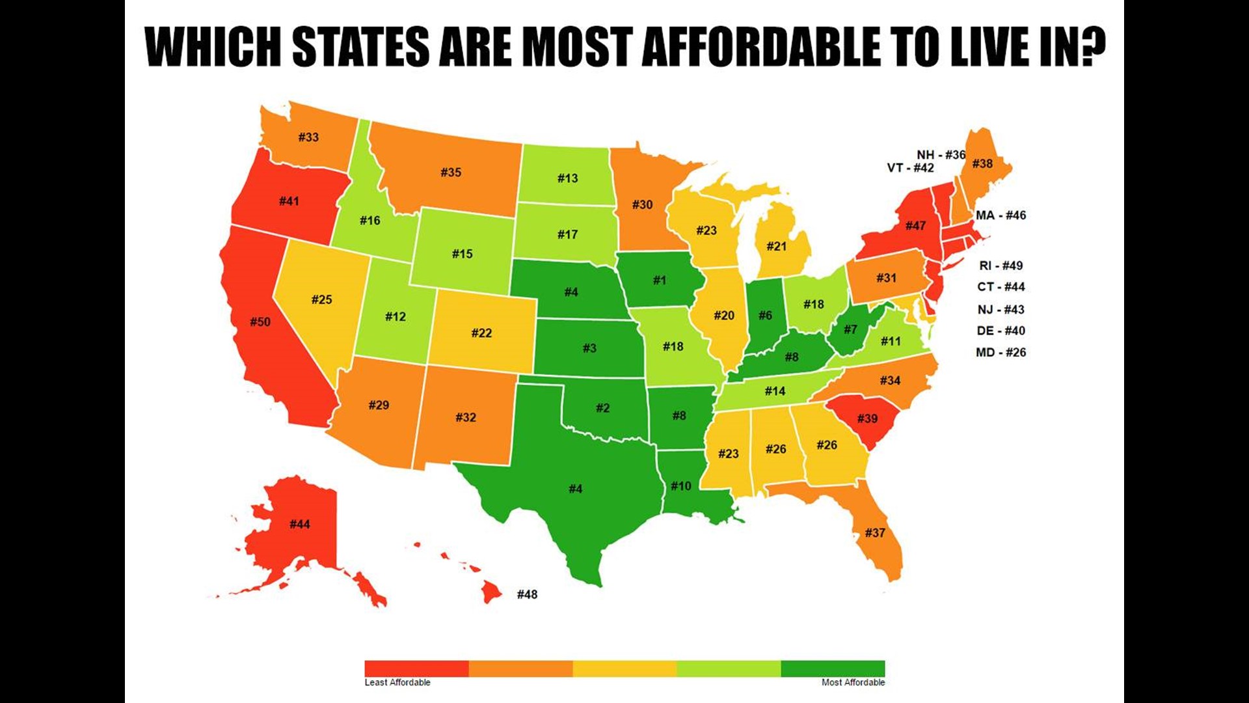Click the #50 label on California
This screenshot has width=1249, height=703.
click(x=260, y=322)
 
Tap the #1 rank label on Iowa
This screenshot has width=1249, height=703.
click(x=660, y=280)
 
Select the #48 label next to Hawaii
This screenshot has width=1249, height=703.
click(x=527, y=594)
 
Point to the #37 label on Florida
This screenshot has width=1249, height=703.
click(x=875, y=532)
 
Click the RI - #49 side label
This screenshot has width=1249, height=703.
click(x=1001, y=266)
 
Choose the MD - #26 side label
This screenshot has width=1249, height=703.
click(x=1001, y=352)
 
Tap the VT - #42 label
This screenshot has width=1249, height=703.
click(x=910, y=168)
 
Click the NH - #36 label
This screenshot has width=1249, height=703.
click(x=941, y=154)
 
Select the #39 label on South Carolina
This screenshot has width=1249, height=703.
click(x=867, y=418)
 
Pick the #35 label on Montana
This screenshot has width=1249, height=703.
click(x=451, y=172)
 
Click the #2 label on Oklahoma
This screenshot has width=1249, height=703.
click(x=602, y=408)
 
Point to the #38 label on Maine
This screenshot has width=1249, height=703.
click(x=982, y=163)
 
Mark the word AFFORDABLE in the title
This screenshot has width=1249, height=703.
click(x=760, y=47)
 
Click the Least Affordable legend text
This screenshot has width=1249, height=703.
click(x=397, y=682)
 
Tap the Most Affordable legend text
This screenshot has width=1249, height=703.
click(x=853, y=682)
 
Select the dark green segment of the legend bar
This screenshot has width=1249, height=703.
click(x=833, y=669)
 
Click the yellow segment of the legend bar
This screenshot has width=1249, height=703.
click(x=624, y=669)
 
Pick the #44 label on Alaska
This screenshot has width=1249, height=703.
click(x=299, y=524)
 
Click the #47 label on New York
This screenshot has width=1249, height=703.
click(x=915, y=226)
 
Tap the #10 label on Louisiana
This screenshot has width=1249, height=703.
click(x=680, y=486)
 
